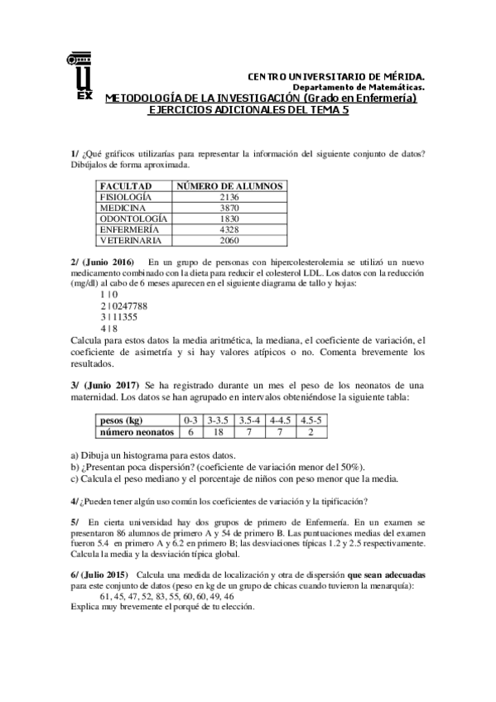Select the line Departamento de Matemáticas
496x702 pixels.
359,87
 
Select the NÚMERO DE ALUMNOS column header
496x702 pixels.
229,186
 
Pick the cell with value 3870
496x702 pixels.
229,208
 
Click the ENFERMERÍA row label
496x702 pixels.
127,229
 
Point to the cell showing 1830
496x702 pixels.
229,219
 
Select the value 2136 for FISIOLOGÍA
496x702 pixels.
229,197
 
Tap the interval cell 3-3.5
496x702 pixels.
219,421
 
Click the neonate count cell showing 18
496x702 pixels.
219,431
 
